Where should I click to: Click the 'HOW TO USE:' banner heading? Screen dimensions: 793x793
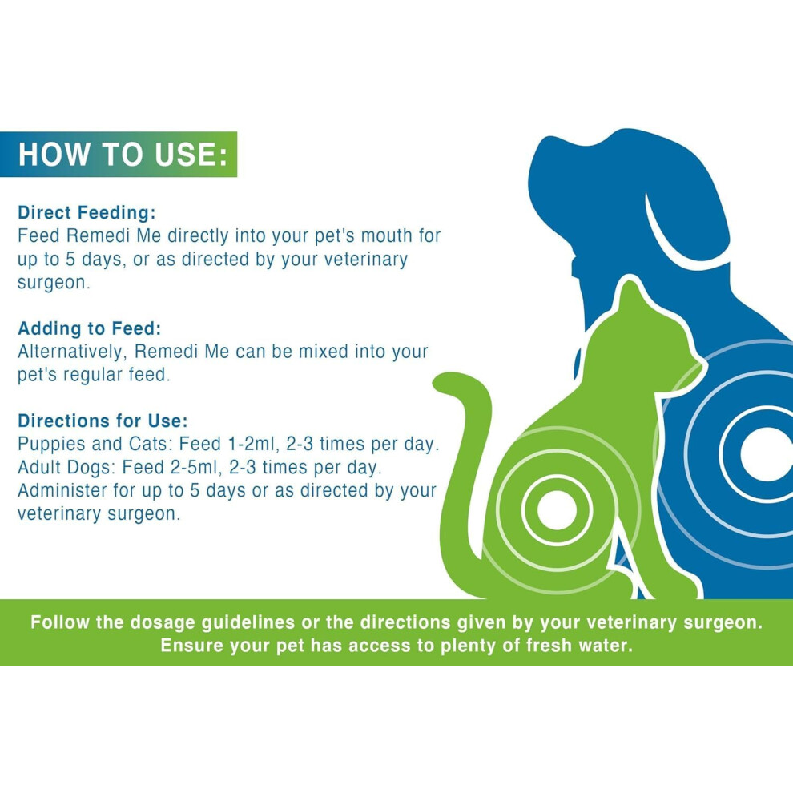point(123,155)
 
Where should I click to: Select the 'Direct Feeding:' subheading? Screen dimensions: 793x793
point(87,213)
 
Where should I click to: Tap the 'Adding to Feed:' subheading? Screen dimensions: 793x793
point(90,328)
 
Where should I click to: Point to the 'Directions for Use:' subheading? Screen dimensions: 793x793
point(103,421)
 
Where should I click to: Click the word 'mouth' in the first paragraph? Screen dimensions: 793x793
point(386,235)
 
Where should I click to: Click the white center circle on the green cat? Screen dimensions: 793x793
point(557,509)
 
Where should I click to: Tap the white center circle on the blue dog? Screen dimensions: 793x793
point(767,453)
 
